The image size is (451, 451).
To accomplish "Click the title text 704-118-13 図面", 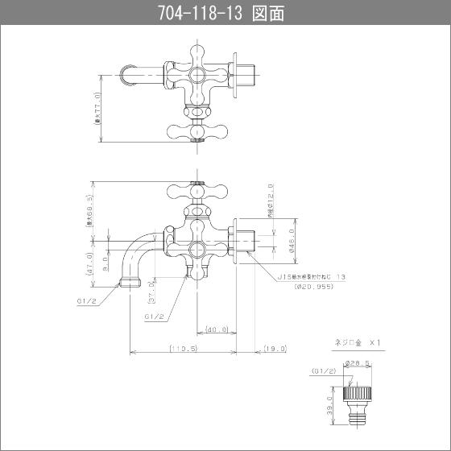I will click(x=225, y=13).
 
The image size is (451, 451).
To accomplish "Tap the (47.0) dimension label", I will click(x=89, y=263).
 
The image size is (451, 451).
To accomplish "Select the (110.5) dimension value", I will click(x=184, y=349).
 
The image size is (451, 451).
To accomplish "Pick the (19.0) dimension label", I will click(x=274, y=349).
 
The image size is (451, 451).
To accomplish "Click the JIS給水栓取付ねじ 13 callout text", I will click(x=312, y=276).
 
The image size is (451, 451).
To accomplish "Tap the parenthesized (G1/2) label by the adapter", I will click(x=321, y=371).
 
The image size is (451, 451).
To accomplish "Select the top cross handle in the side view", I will click(x=196, y=192).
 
